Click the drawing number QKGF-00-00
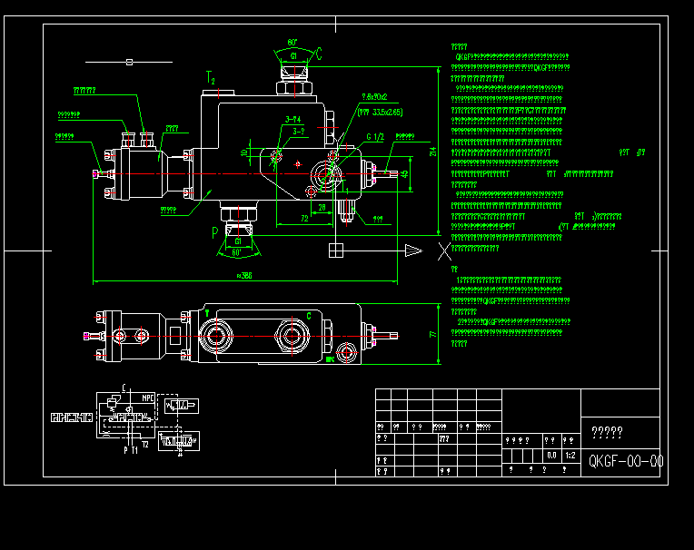click(x=625, y=461)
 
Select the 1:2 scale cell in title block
click(x=570, y=455)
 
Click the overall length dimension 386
click(x=243, y=275)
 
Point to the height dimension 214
click(x=433, y=152)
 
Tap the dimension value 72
click(x=304, y=219)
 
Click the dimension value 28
click(x=322, y=207)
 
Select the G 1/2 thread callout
click(x=375, y=137)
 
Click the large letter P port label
click(x=215, y=232)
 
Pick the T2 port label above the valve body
click(x=211, y=76)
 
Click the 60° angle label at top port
click(x=292, y=43)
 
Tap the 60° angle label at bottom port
click(x=237, y=253)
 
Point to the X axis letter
click(x=443, y=250)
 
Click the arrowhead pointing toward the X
click(x=413, y=250)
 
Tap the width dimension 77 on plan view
click(x=433, y=335)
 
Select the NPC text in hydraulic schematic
click(x=147, y=398)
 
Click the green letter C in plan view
click(x=308, y=315)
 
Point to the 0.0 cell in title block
click(x=551, y=455)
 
